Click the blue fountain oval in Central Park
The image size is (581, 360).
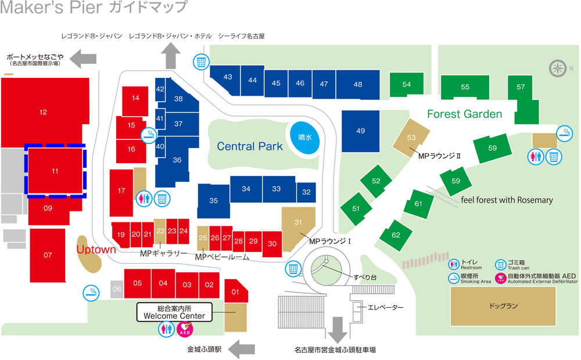click(x=305, y=138)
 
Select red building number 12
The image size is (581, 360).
click(x=44, y=111)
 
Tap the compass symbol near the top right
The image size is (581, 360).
click(x=558, y=69)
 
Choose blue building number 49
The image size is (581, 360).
click(x=360, y=131)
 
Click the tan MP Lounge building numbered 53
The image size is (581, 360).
click(x=411, y=138)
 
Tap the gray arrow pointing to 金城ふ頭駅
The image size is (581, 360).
click(x=242, y=350)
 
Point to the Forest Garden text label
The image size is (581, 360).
click(x=464, y=114)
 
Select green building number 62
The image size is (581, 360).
click(x=396, y=235)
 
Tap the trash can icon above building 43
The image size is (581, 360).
click(x=201, y=62)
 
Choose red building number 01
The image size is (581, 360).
click(x=236, y=291)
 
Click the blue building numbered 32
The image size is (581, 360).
click(x=306, y=192)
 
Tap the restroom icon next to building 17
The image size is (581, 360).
click(x=144, y=199)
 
